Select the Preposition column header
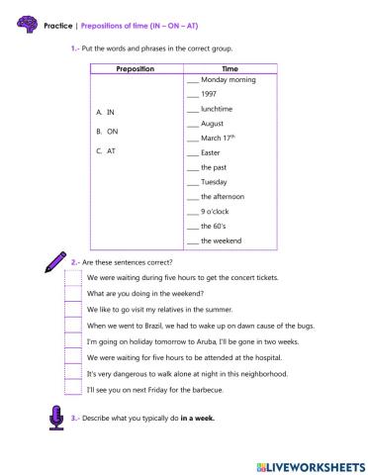[x=135, y=69]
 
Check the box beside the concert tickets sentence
[x=71, y=278]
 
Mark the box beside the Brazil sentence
[x=71, y=326]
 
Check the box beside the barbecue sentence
[x=71, y=390]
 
